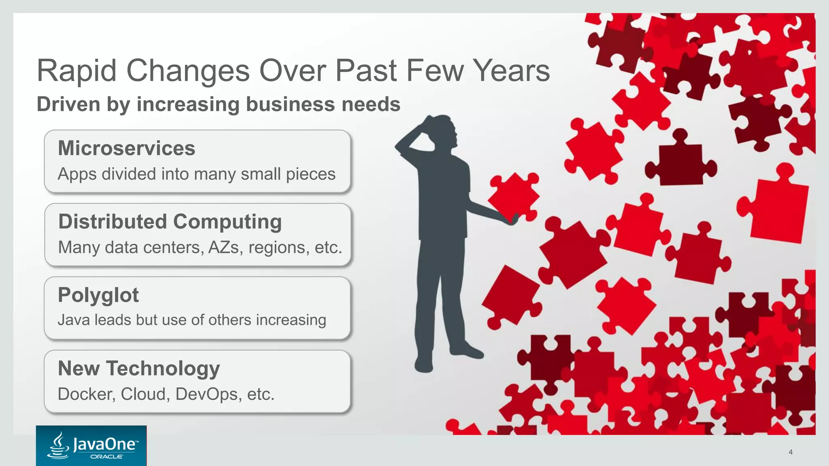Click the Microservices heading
pyautogui.click(x=126, y=148)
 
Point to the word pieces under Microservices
pyautogui.click(x=310, y=174)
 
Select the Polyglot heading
pyautogui.click(x=98, y=295)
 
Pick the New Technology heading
pyautogui.click(x=139, y=369)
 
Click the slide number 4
pyautogui.click(x=791, y=452)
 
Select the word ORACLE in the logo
pyautogui.click(x=106, y=457)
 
